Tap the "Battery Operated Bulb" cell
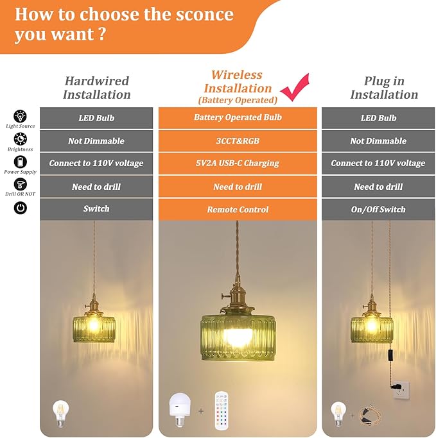point(238,118)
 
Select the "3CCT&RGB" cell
point(238,141)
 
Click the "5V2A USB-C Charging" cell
point(238,164)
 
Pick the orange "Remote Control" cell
point(238,210)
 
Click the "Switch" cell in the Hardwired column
point(96,209)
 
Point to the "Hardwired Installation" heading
point(96,88)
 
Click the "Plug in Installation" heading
point(384,88)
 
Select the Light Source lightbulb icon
point(20,117)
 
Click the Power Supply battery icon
point(20,162)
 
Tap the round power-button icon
point(20,208)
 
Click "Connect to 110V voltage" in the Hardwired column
point(96,164)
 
